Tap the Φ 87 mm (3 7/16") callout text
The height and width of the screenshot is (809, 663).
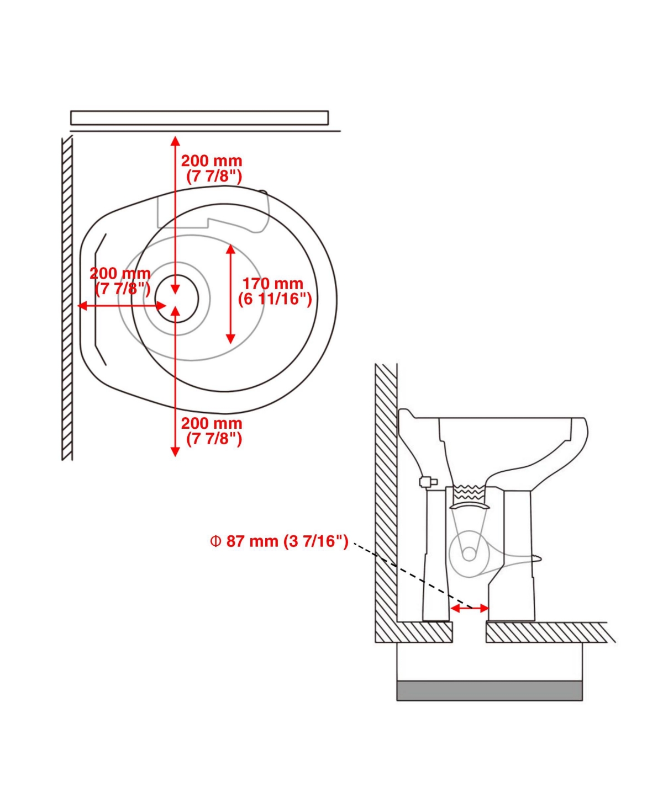pos(279,541)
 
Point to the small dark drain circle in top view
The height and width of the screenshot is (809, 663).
pos(177,299)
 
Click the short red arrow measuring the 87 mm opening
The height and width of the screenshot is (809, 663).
pos(470,608)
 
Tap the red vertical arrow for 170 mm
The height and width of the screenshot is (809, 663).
pos(230,294)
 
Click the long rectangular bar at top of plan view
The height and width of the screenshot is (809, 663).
pos(199,118)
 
